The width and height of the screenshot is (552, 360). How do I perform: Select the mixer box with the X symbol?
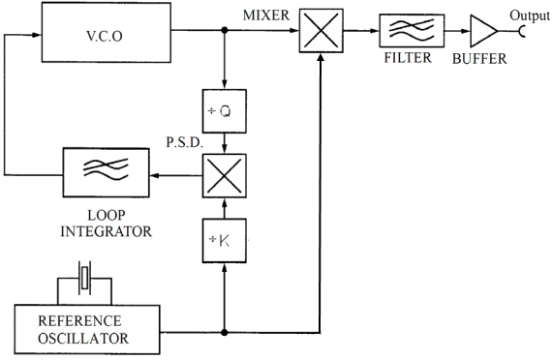tap(322, 30)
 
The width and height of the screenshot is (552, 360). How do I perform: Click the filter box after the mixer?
tap(406, 31)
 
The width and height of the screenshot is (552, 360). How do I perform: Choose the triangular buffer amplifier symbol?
tap(480, 31)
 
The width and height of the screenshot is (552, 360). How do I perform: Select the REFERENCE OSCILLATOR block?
tap(81, 330)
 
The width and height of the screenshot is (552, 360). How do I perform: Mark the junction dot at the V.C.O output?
tap(225, 30)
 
